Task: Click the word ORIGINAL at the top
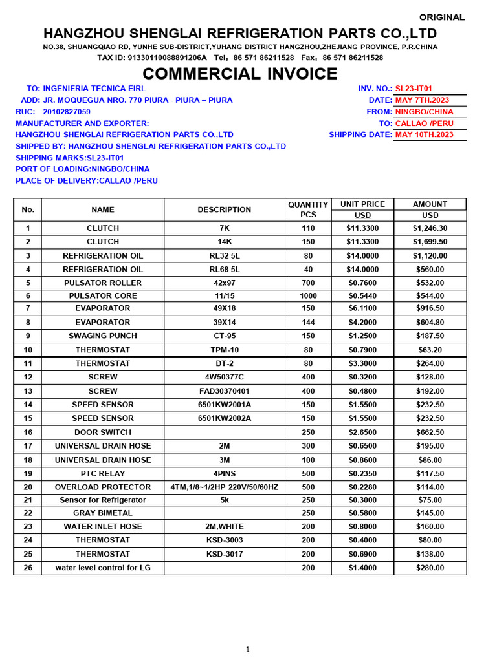pyautogui.click(x=442, y=17)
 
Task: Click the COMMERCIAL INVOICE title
pyautogui.click(x=240, y=74)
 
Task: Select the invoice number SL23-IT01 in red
pyautogui.click(x=414, y=89)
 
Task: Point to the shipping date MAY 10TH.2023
pyautogui.click(x=424, y=134)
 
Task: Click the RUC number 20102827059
pyautogui.click(x=67, y=112)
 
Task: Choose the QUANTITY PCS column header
pyautogui.click(x=308, y=209)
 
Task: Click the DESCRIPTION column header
pyautogui.click(x=224, y=209)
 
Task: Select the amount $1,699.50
pyautogui.click(x=430, y=242)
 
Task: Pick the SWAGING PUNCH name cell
pyautogui.click(x=103, y=336)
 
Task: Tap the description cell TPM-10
pyautogui.click(x=224, y=350)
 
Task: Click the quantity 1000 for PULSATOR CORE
pyautogui.click(x=308, y=295)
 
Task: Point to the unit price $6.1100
pyautogui.click(x=362, y=308)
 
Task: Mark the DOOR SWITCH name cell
pyautogui.click(x=103, y=432)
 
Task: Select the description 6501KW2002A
pyautogui.click(x=224, y=418)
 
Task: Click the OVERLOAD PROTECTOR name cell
pyautogui.click(x=103, y=487)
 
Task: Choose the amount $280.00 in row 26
pyautogui.click(x=430, y=568)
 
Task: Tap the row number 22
pyautogui.click(x=28, y=513)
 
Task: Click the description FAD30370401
pyautogui.click(x=224, y=391)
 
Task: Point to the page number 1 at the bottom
pyautogui.click(x=248, y=650)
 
